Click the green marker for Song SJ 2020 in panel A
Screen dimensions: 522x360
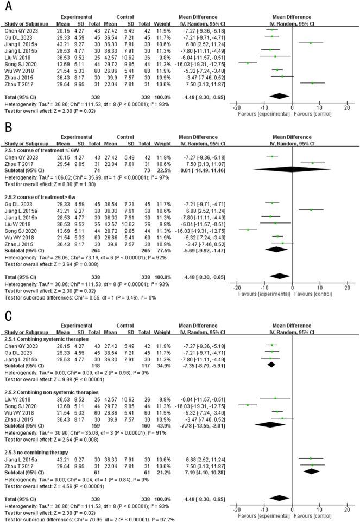pyautogui.click(x=248, y=63)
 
